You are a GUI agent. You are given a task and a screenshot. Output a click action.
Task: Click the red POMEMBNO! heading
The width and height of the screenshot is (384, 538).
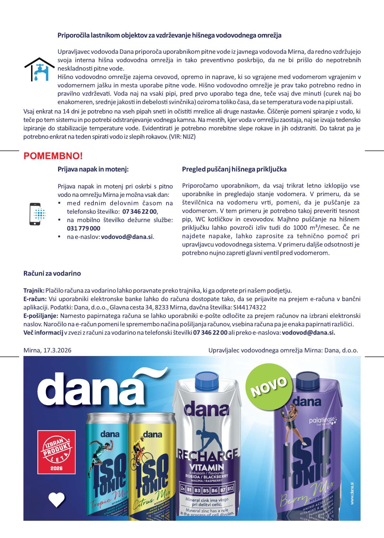[53, 156]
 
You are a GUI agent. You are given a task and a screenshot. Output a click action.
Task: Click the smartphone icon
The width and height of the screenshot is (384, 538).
[35, 214]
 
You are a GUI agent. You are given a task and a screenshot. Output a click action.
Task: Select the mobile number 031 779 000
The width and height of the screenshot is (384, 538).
[84, 228]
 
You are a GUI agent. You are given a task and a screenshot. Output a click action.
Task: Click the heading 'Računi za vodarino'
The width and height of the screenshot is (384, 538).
[52, 273]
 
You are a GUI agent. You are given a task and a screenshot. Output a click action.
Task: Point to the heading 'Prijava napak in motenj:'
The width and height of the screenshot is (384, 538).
[93, 169]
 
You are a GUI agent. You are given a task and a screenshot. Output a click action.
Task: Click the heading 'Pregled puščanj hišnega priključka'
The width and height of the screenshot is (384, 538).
[234, 169]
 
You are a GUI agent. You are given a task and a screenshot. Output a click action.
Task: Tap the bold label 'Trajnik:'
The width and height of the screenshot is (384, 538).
[34, 291]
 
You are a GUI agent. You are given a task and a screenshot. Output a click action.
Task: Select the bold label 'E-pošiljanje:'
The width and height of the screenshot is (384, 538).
[41, 316]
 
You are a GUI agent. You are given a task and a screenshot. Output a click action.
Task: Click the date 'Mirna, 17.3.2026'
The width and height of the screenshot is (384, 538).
[47, 350]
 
